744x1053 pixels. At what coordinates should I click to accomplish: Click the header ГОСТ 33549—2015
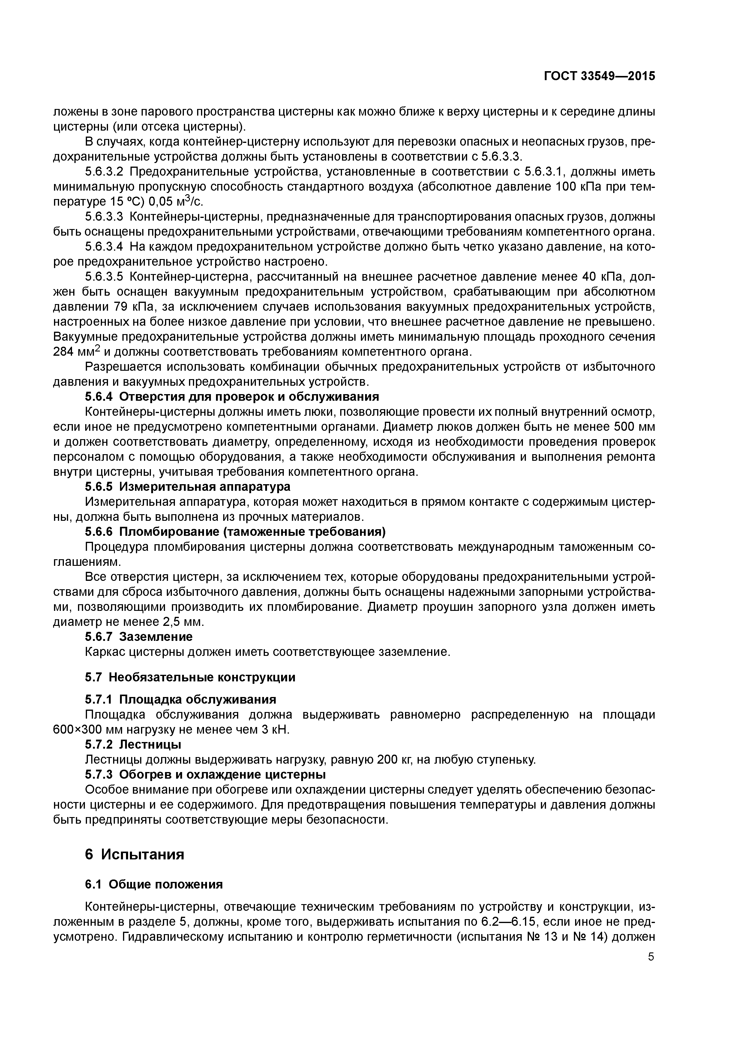click(599, 77)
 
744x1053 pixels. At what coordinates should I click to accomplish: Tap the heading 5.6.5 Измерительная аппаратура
click(187, 486)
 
